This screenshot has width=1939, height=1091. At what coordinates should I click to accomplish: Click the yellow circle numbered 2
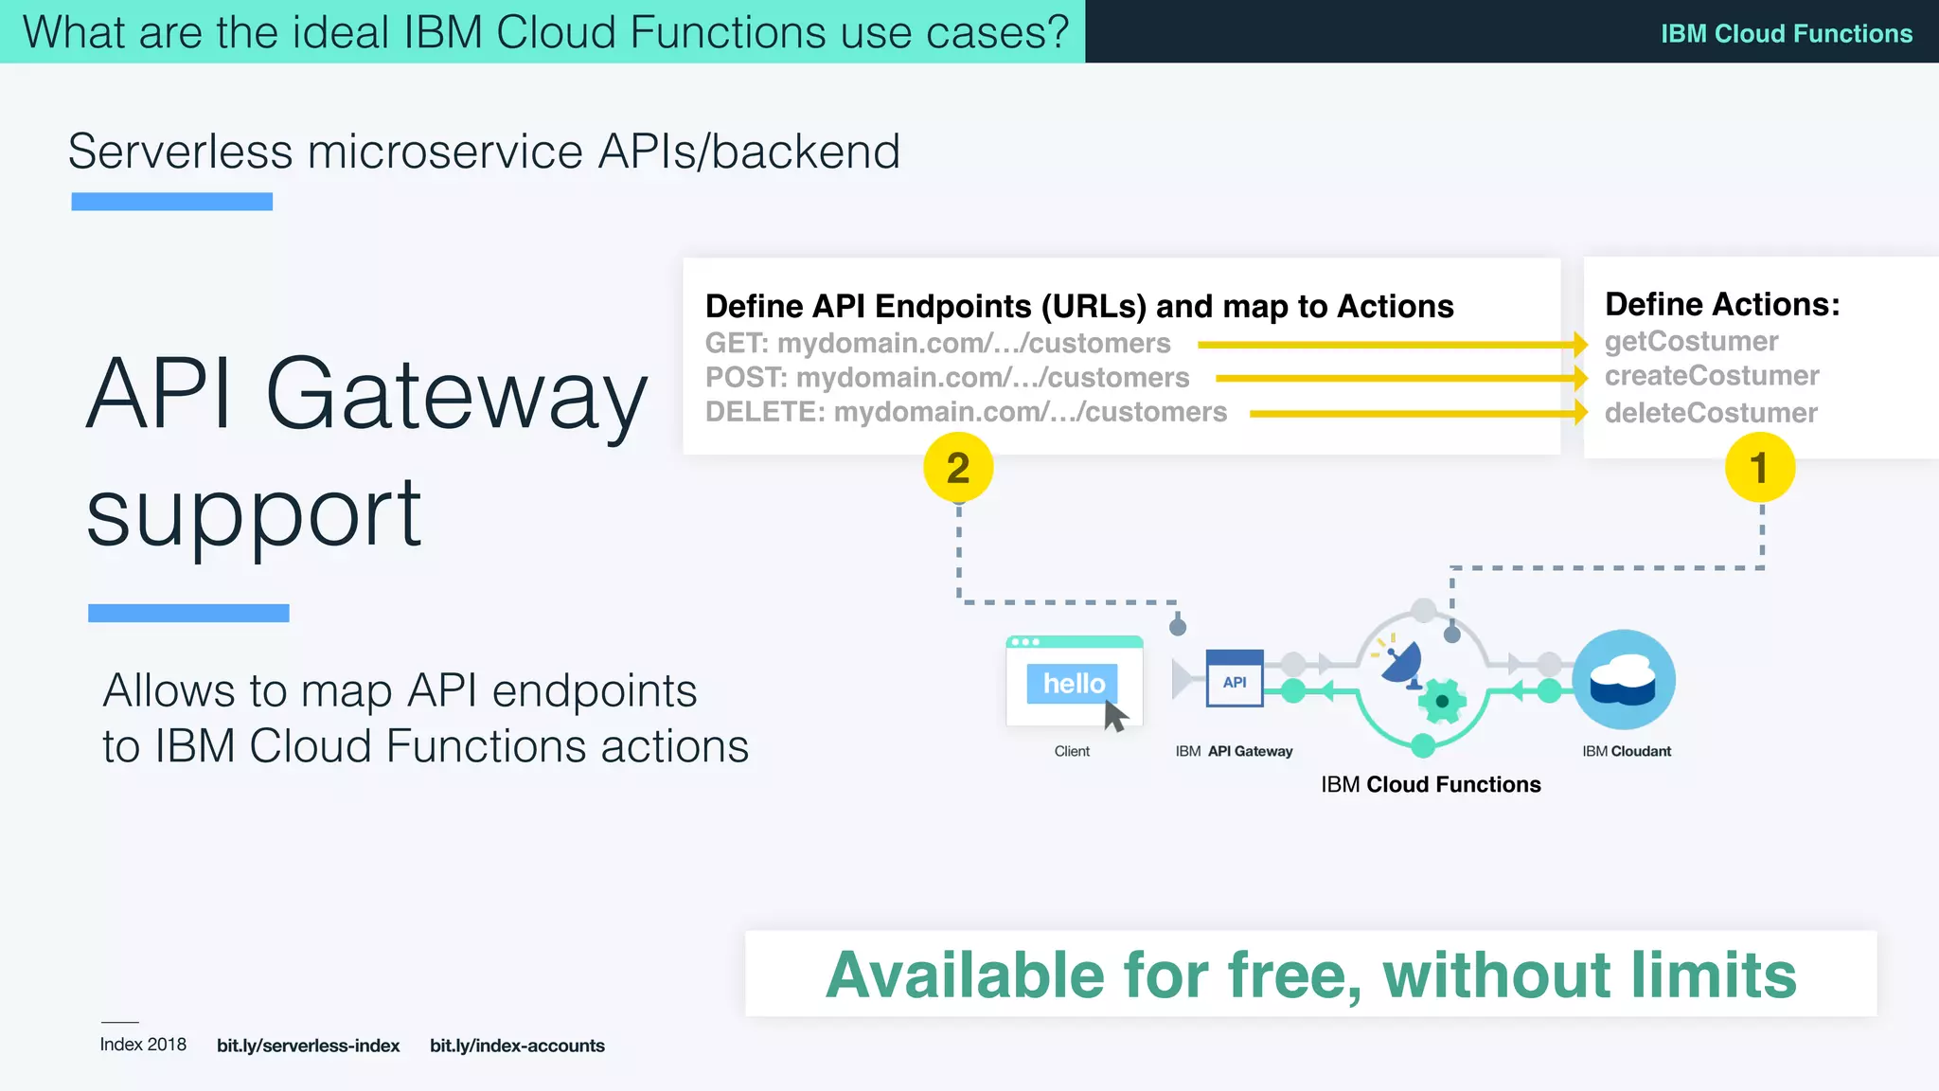coord(957,468)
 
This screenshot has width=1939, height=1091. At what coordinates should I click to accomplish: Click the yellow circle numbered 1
coord(1759,468)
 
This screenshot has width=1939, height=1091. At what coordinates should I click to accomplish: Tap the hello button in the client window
coord(1073,683)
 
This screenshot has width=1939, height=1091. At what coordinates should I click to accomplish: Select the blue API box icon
coord(1234,679)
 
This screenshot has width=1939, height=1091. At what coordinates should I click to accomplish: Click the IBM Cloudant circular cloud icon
coord(1624,680)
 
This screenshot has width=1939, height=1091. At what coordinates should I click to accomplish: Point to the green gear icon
coord(1441,701)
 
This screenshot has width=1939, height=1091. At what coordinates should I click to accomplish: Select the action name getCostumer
coord(1691,341)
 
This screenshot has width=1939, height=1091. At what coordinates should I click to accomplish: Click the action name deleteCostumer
coord(1710,413)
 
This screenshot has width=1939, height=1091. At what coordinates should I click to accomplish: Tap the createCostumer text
coord(1711,376)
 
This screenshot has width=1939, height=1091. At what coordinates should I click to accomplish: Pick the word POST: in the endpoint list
coord(746,378)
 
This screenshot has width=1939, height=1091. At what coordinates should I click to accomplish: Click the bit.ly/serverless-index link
coord(308,1046)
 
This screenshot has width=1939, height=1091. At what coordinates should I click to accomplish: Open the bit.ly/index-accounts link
coord(517,1046)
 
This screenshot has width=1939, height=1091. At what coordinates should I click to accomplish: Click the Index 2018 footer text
coord(143,1045)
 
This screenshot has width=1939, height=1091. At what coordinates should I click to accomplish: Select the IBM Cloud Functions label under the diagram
coord(1430,785)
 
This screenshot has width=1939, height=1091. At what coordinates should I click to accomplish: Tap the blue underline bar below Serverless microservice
coord(171,202)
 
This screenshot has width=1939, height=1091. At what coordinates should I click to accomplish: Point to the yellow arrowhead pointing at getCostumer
coord(1580,345)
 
